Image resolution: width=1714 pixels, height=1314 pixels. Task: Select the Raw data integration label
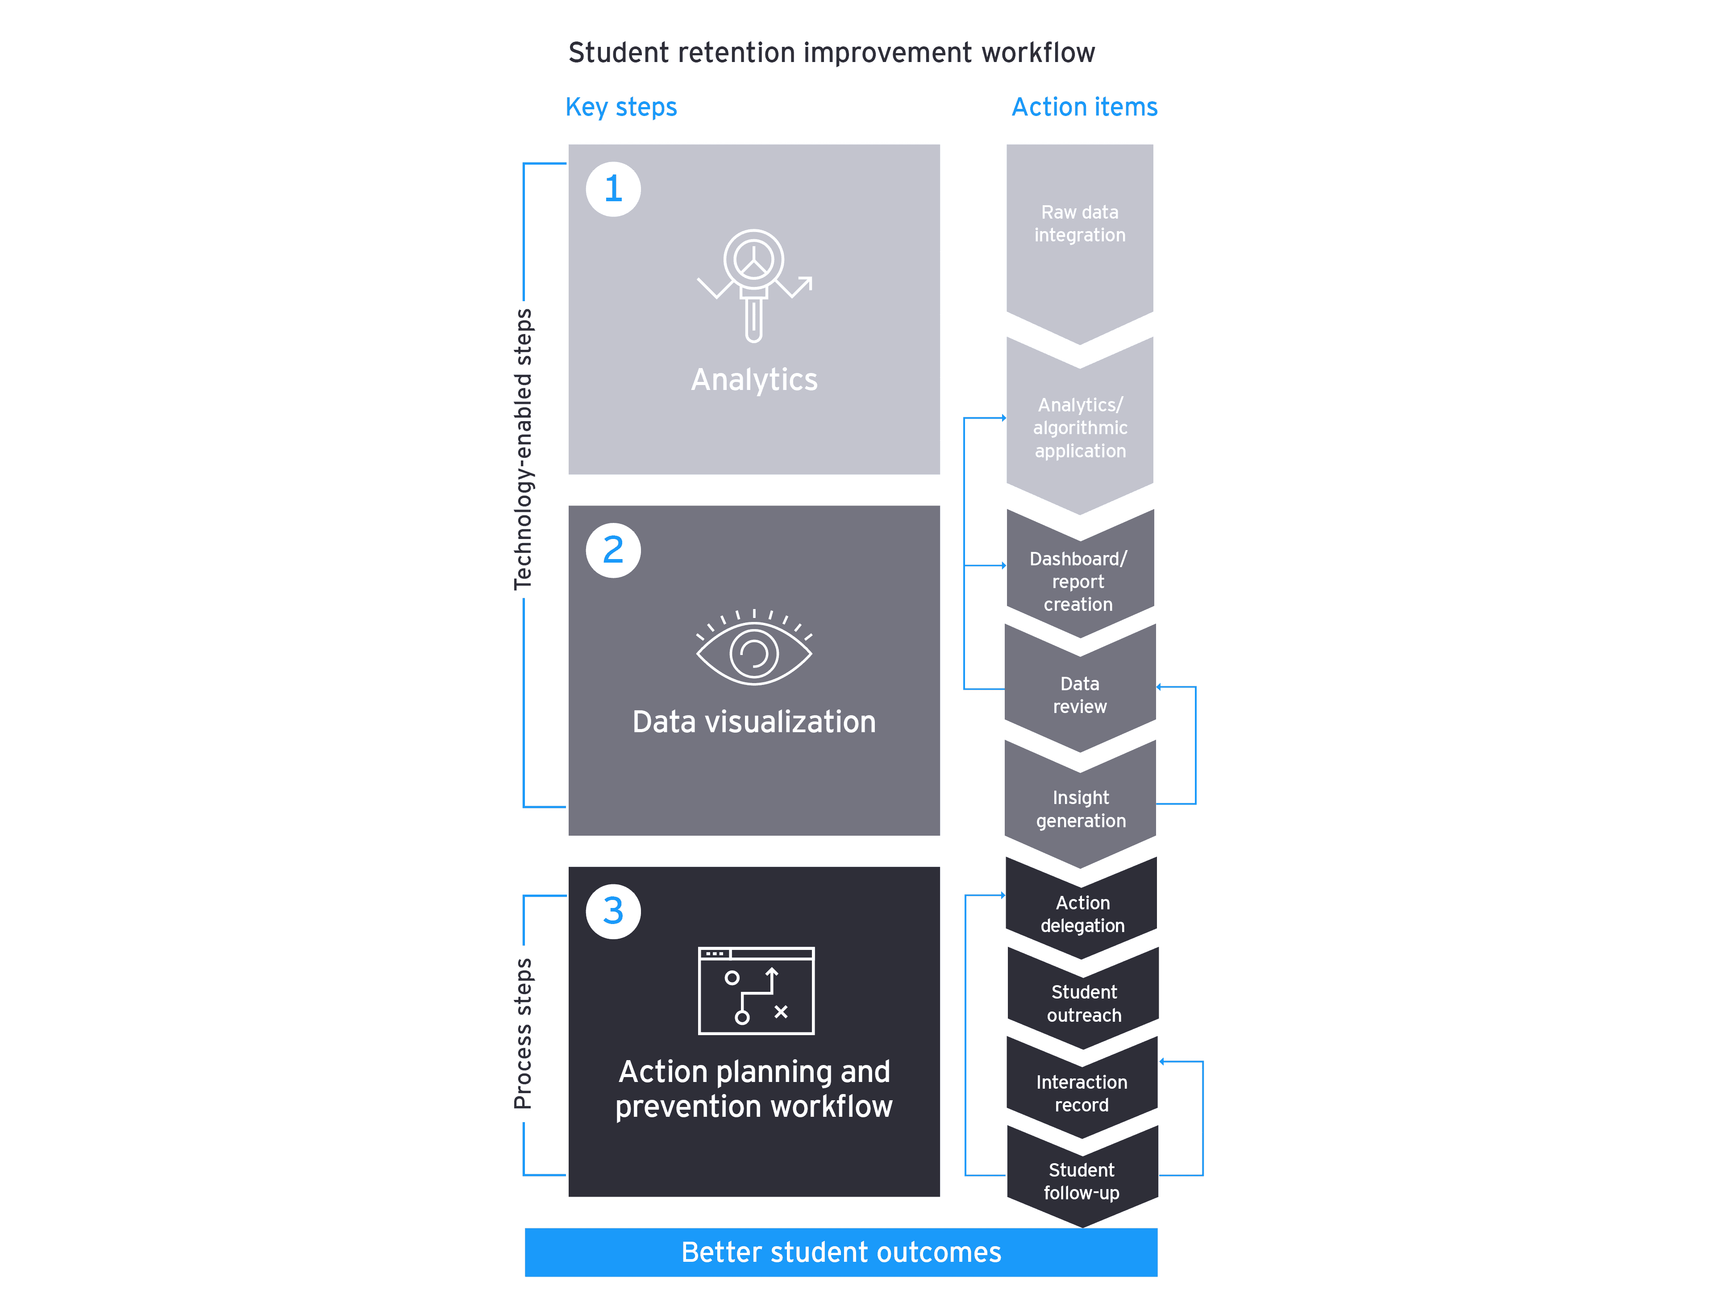pos(1080,224)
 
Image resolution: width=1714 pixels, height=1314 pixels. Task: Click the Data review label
pos(1080,695)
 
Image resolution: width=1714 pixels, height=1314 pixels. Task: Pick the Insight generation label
pos(1080,809)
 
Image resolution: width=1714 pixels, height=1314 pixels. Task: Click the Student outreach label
pos(1083,1003)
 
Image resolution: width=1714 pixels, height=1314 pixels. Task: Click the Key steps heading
pos(621,107)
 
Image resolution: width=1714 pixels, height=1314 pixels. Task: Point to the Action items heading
pos(1084,107)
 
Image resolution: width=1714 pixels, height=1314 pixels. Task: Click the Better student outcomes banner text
pos(841,1252)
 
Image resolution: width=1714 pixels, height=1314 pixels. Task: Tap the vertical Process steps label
pos(523,1034)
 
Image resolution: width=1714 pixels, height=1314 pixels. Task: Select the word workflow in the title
pos(1038,53)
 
